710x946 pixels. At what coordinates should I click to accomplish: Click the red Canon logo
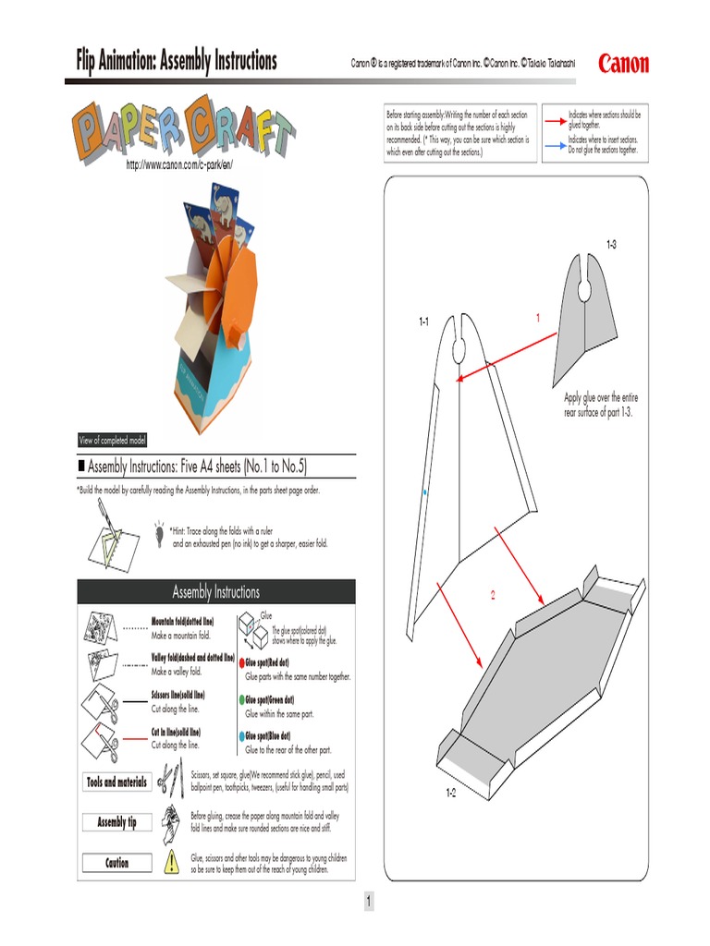(623, 64)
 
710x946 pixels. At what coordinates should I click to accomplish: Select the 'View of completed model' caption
(112, 441)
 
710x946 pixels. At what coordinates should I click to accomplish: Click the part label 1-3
(611, 244)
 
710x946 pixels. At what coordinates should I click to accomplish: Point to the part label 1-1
(423, 321)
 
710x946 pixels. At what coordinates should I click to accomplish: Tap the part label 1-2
(451, 794)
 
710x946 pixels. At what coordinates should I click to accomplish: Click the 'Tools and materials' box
(116, 782)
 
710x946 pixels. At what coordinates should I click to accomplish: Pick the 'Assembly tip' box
(116, 822)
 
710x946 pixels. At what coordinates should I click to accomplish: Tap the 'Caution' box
(116, 863)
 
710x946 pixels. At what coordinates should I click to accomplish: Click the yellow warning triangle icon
(171, 863)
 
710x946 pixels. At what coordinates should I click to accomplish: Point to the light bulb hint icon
(160, 528)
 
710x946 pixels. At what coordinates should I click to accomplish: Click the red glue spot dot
(241, 663)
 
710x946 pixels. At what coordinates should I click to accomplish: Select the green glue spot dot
(241, 700)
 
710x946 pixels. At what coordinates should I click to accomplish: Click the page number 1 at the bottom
(368, 902)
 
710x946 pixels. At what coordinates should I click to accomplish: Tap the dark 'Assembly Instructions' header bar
(215, 592)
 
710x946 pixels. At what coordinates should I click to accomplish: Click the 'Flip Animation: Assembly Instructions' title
(176, 62)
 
